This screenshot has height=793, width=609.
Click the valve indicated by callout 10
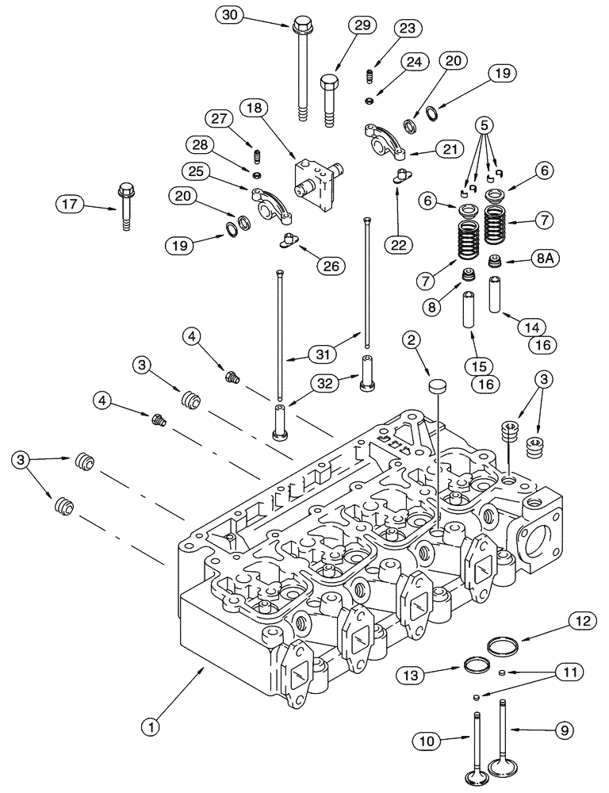click(477, 745)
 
